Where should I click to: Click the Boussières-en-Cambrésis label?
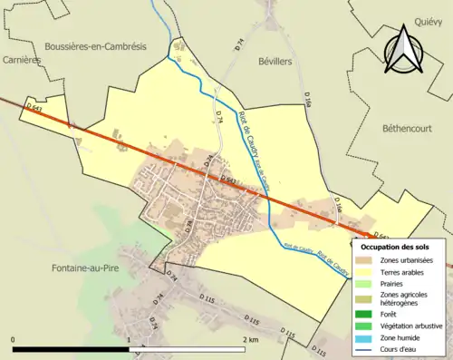92,45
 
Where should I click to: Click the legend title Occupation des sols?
395,247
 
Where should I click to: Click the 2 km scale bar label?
251,338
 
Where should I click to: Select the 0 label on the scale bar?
14,338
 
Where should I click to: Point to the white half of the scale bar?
188,349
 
